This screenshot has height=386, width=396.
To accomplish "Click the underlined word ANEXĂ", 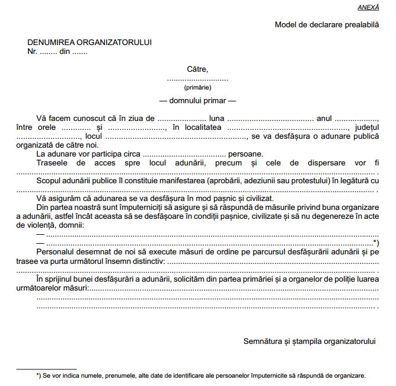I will click(x=368, y=7).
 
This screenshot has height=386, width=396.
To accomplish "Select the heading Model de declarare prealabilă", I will click(x=326, y=25).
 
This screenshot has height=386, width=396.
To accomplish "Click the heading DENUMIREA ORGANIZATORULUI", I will click(x=90, y=43).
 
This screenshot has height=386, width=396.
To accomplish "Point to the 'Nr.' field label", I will click(x=33, y=51).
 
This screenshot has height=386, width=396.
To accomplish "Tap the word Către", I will click(x=197, y=69).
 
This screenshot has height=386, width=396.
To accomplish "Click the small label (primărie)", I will click(x=197, y=87).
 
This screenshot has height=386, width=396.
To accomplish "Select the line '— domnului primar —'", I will click(x=197, y=100).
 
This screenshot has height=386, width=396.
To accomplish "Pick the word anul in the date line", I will click(x=325, y=119).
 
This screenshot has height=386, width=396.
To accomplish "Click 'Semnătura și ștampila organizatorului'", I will click(x=310, y=342).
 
